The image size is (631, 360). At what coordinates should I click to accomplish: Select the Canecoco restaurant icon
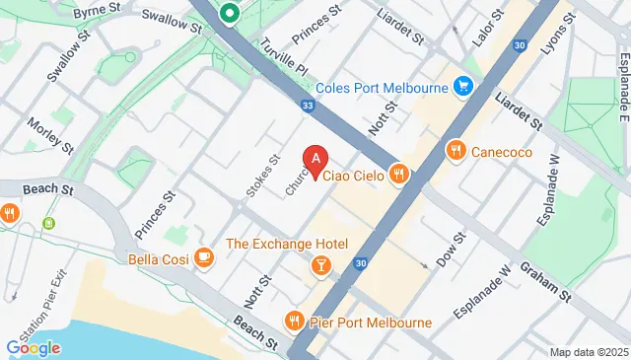pyautogui.click(x=455, y=151)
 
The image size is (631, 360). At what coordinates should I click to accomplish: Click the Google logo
pyautogui.click(x=33, y=347)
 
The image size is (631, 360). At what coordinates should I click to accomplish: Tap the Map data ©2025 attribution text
pyautogui.click(x=588, y=352)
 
